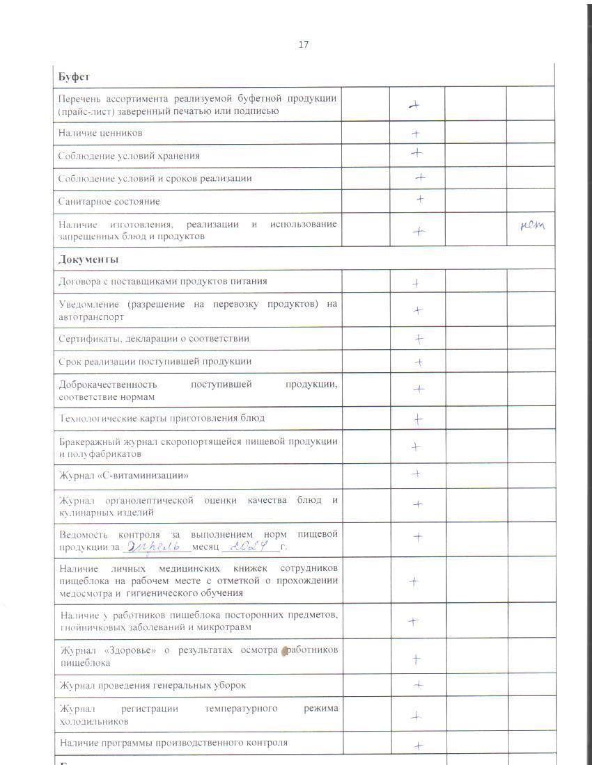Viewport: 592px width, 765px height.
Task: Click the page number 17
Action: pos(303,45)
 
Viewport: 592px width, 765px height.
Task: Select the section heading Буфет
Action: pos(74,76)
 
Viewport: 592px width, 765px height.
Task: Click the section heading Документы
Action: pos(88,259)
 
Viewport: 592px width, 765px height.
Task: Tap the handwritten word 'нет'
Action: pos(532,225)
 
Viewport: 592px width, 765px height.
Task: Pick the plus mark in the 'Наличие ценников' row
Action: pos(416,133)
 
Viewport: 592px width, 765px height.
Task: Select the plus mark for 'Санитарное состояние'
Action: pos(420,199)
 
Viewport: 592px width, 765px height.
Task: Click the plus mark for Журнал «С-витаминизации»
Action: pos(416,474)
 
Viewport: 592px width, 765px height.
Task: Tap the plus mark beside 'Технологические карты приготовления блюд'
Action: pos(418,419)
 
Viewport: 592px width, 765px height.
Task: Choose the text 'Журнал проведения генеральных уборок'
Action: pos(153,685)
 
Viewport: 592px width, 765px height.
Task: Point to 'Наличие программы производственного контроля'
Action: pos(173,743)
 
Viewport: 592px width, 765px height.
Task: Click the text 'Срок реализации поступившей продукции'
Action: pos(155,362)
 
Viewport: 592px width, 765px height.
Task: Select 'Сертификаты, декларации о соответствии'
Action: pos(154,339)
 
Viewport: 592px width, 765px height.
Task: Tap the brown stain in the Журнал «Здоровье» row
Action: pos(283,652)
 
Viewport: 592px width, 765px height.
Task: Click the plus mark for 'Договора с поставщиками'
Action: pos(415,283)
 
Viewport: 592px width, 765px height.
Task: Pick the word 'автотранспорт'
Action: pos(91,317)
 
